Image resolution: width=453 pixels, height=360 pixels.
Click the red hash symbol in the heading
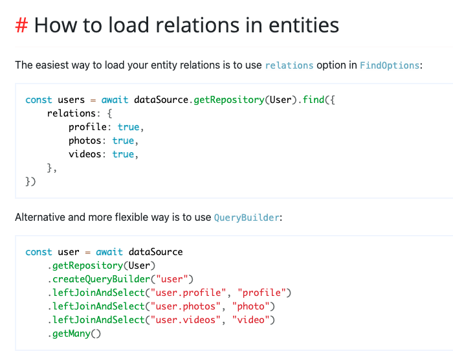coord(21,25)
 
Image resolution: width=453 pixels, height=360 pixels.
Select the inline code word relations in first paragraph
coord(289,65)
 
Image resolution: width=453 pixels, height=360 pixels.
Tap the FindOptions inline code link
coord(390,65)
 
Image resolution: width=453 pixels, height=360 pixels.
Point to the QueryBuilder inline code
coord(247,218)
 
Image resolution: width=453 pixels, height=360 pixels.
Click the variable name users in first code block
coord(71,100)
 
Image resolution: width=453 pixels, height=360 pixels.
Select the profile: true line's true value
coord(128,127)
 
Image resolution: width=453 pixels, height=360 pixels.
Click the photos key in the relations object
coord(87,141)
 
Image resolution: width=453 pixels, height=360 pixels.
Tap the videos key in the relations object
coord(87,154)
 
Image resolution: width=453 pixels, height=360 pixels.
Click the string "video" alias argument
coord(256,320)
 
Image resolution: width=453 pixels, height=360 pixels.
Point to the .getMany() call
coord(74,333)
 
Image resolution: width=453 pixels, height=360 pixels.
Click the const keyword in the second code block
coord(39,252)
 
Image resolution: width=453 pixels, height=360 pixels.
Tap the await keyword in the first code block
coord(115,100)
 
